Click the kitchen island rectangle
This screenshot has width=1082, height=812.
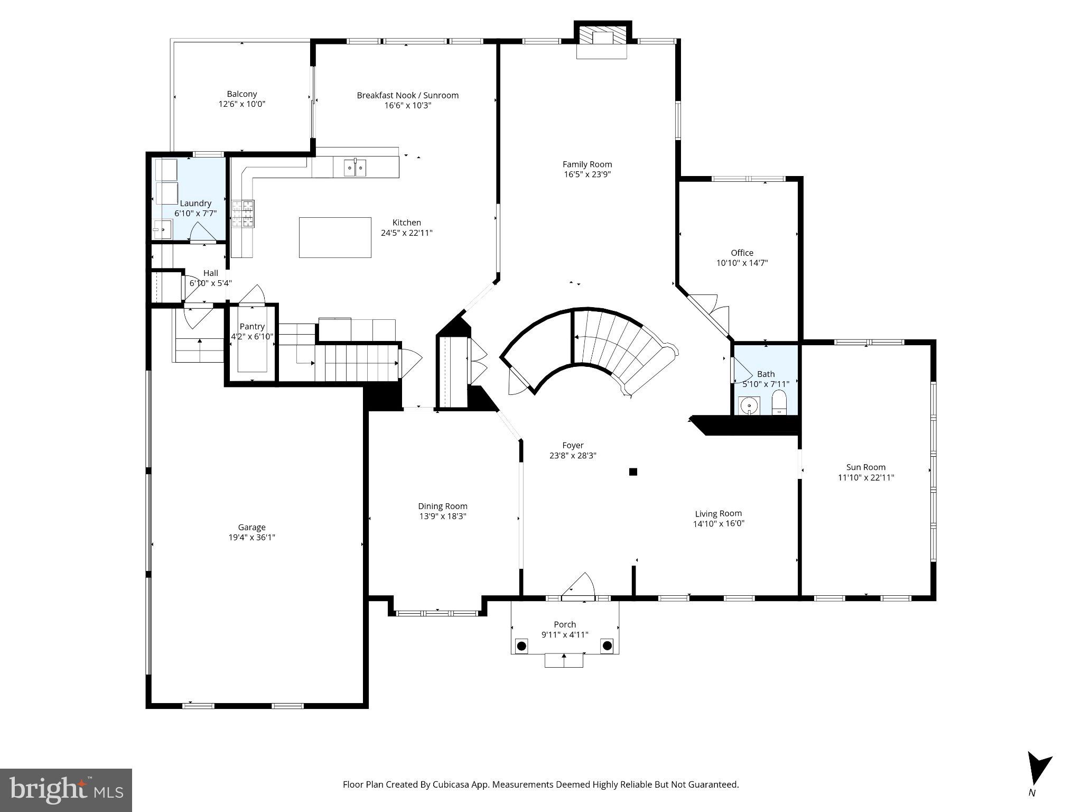click(335, 237)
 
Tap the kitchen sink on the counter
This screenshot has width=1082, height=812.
click(355, 168)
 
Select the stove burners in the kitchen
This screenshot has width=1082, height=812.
click(244, 214)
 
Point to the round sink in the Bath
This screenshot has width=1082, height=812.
click(749, 406)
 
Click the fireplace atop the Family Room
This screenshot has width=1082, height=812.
click(602, 39)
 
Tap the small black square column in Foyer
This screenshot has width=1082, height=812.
click(633, 472)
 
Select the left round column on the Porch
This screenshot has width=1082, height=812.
click(522, 645)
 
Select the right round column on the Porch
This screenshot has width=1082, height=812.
click(607, 645)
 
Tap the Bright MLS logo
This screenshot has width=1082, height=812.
click(66, 790)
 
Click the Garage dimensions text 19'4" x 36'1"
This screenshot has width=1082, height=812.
click(251, 538)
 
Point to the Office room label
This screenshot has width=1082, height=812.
click(742, 253)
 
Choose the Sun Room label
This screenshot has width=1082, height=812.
click(866, 467)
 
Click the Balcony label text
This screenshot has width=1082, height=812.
click(242, 94)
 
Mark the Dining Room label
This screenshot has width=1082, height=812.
click(443, 506)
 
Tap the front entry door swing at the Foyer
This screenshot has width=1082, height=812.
click(581, 586)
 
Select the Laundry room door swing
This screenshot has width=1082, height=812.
click(202, 233)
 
